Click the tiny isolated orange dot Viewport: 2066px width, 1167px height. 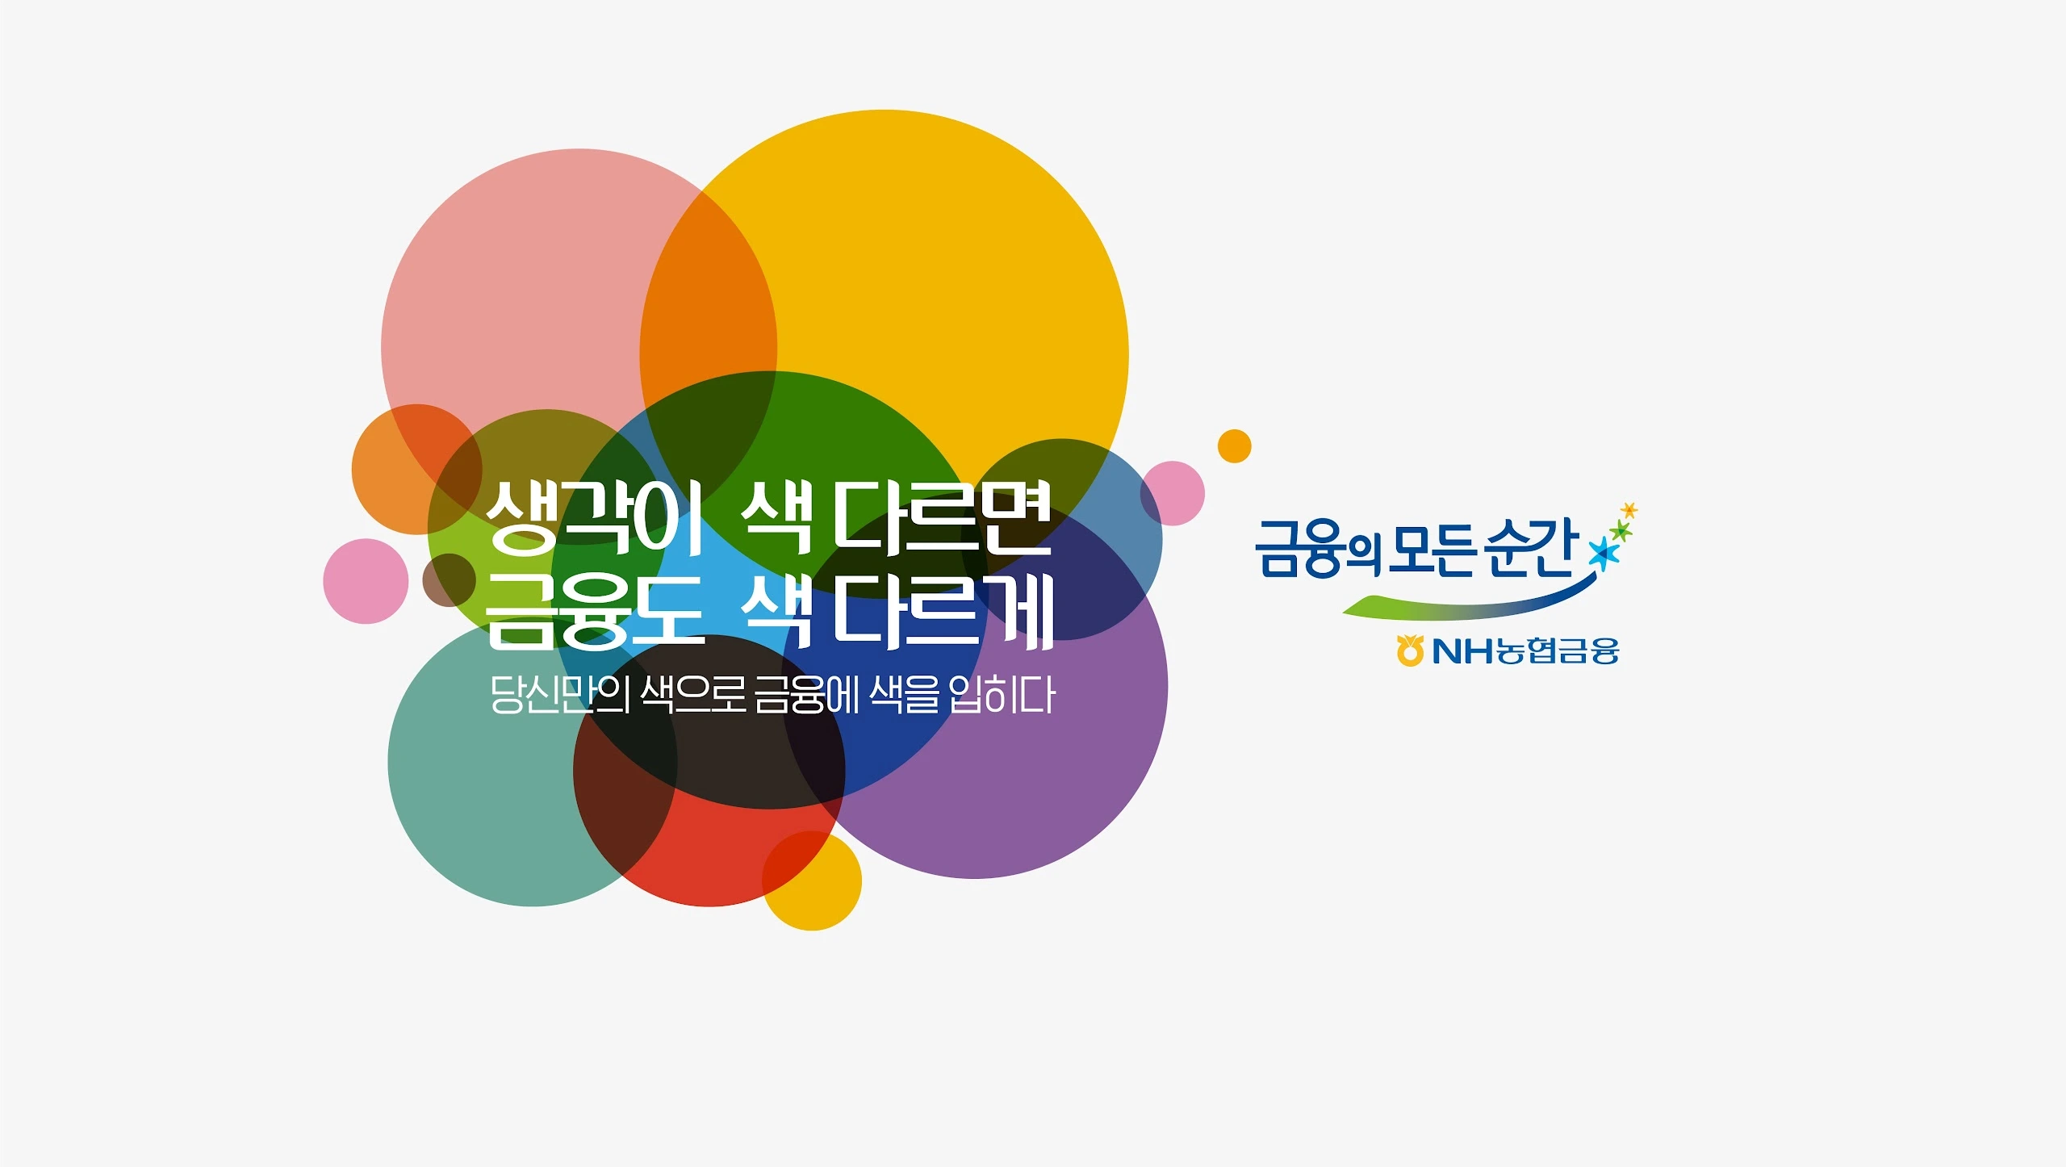click(1234, 446)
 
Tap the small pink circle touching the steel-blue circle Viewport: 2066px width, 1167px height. click(1173, 493)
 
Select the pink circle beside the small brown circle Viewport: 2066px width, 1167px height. click(366, 581)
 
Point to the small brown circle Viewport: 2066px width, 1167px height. click(449, 580)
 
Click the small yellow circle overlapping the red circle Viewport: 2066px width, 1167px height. click(812, 880)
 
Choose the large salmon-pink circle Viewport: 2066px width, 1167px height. click(579, 347)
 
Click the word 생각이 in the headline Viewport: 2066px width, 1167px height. click(594, 517)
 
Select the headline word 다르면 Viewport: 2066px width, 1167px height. click(942, 517)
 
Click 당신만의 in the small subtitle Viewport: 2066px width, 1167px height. click(560, 694)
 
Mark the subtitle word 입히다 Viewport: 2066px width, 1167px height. click(1002, 694)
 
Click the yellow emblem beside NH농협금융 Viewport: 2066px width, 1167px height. click(1409, 650)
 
